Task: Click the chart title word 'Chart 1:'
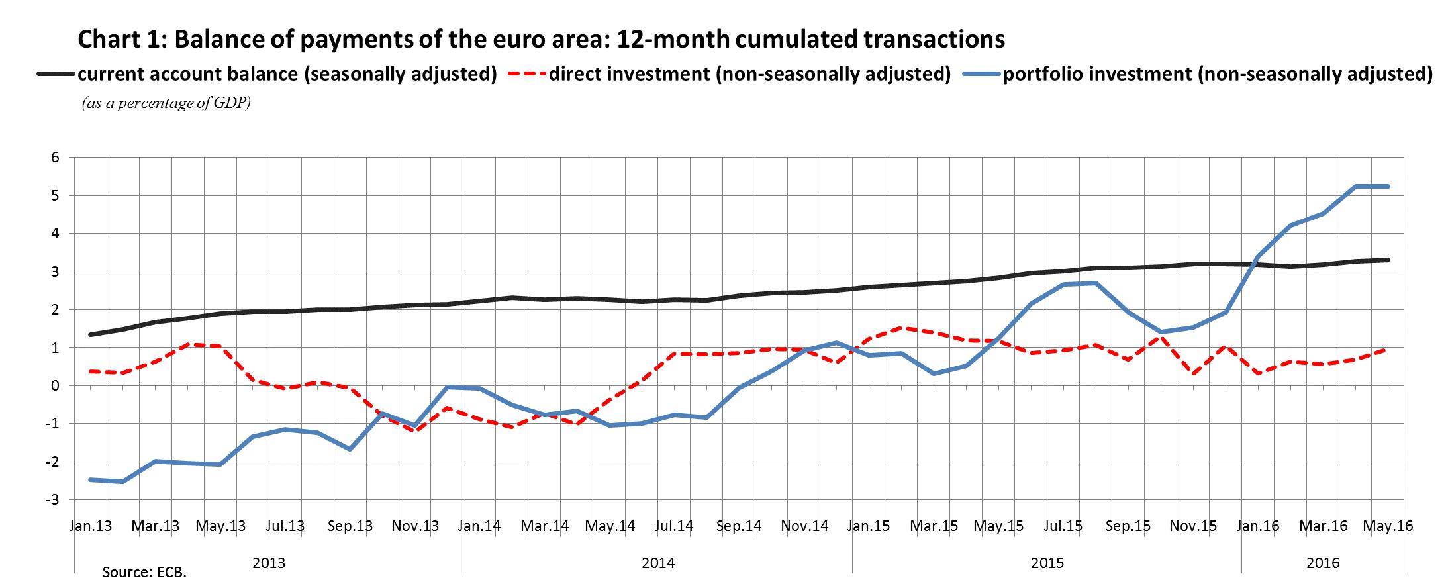click(x=122, y=40)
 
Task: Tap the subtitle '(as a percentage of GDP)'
click(x=166, y=104)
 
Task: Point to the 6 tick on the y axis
click(x=55, y=158)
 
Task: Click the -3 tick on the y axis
click(x=52, y=499)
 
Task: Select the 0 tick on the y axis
click(x=55, y=385)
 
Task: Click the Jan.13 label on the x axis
click(x=91, y=526)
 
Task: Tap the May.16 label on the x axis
click(x=1388, y=526)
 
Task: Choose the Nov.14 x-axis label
click(x=804, y=526)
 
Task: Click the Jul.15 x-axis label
click(x=1063, y=526)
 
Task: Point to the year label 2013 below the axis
click(x=269, y=563)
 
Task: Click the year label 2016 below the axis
click(x=1323, y=563)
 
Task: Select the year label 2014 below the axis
click(x=658, y=563)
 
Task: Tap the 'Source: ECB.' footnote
click(x=144, y=573)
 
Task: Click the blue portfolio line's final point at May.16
click(x=1388, y=187)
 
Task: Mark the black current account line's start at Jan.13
click(x=91, y=334)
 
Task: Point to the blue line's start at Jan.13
click(x=91, y=479)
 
